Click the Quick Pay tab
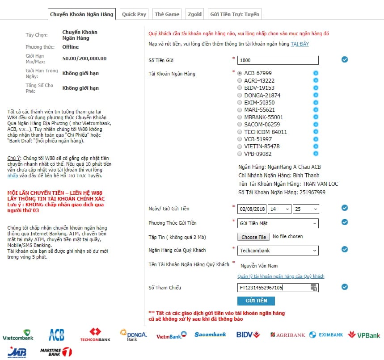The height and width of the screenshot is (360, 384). pyautogui.click(x=134, y=14)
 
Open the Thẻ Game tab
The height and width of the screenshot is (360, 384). pyautogui.click(x=167, y=14)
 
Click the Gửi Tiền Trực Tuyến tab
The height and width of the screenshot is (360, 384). pyautogui.click(x=234, y=14)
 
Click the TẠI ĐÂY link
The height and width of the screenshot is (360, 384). pyautogui.click(x=300, y=44)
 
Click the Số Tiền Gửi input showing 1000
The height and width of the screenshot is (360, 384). pyautogui.click(x=278, y=60)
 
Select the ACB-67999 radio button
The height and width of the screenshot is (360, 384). pyautogui.click(x=240, y=73)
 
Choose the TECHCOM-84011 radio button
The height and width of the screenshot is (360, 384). pyautogui.click(x=240, y=132)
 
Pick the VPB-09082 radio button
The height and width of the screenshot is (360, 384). pyautogui.click(x=240, y=154)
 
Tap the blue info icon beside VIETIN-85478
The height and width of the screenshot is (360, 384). pyautogui.click(x=316, y=147)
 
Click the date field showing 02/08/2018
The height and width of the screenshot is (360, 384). pyautogui.click(x=252, y=209)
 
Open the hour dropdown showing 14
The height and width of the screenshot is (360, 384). pyautogui.click(x=280, y=209)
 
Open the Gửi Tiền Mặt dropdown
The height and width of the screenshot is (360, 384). pyautogui.click(x=278, y=223)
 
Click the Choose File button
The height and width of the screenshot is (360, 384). pyautogui.click(x=253, y=237)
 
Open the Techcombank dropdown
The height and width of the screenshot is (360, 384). pyautogui.click(x=278, y=251)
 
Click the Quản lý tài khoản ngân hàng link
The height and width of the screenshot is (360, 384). pyautogui.click(x=281, y=276)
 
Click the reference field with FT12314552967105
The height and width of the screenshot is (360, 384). pyautogui.click(x=274, y=288)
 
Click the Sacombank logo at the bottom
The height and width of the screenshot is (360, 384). pyautogui.click(x=210, y=335)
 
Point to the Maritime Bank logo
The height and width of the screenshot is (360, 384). pyautogui.click(x=56, y=352)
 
